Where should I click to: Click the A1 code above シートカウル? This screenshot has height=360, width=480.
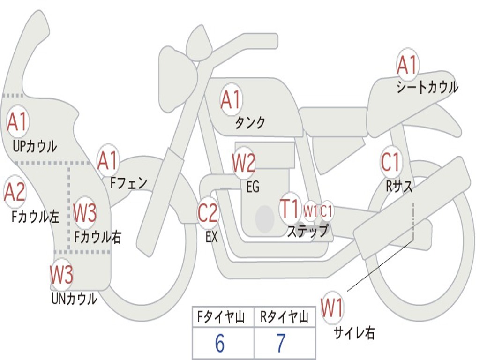point(407,65)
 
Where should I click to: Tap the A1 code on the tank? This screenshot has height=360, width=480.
point(231,99)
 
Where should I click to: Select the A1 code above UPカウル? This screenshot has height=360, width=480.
point(17,122)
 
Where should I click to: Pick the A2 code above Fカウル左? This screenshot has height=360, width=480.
point(15,192)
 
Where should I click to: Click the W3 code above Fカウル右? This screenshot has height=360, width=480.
point(85,213)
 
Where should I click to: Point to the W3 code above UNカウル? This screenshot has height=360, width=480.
point(62,275)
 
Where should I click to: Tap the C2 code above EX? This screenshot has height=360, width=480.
point(208,213)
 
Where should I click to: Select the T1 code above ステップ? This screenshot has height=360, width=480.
point(290,209)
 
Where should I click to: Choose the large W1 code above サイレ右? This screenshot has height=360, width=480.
point(332,308)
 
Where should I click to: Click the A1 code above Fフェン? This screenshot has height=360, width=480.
point(108,161)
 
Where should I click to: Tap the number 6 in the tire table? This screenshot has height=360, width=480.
point(220,344)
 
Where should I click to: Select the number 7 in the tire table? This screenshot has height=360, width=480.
point(280,344)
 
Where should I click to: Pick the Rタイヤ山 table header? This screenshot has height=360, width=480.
point(284,318)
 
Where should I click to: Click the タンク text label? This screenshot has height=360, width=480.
point(250,123)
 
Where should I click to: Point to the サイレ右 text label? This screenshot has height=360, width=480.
point(354,333)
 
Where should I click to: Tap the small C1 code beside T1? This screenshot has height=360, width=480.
point(327,211)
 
